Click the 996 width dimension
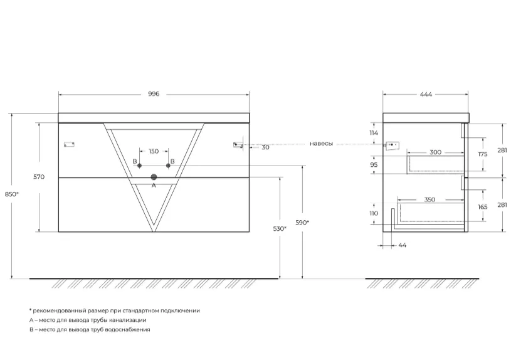[x=154, y=94]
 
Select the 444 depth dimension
[x=426, y=95]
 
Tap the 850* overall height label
[x=12, y=194]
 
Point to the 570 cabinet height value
[x=39, y=177]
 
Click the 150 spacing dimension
[x=154, y=151]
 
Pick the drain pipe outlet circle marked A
[x=154, y=177]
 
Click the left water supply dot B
[x=140, y=166]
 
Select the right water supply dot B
[x=168, y=166]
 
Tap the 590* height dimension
[x=302, y=223]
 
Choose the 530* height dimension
[x=280, y=229]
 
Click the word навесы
[x=321, y=144]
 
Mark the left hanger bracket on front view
[x=69, y=144]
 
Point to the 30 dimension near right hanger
[x=266, y=147]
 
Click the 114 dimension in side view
[x=374, y=133]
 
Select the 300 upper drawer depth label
[x=435, y=152]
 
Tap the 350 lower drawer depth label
[x=429, y=199]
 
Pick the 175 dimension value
[x=482, y=154]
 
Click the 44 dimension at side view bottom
[x=402, y=245]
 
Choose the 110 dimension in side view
[x=374, y=213]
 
